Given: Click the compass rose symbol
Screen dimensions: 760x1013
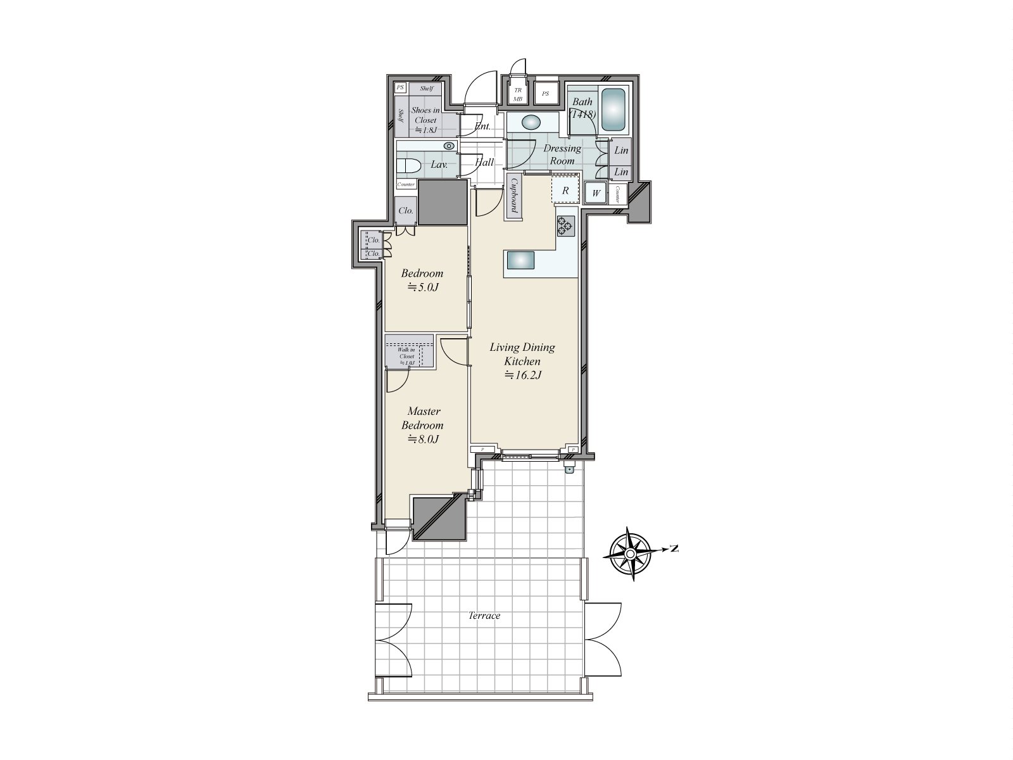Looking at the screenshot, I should [x=631, y=554].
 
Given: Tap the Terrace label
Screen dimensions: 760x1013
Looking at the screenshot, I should [x=484, y=616].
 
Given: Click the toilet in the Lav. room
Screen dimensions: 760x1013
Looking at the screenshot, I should [x=409, y=166].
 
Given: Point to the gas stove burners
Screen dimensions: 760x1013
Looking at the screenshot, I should [x=565, y=225].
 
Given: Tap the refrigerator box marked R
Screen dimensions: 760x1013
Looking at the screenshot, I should [x=565, y=190].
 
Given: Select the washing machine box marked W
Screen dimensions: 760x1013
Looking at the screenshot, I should [x=596, y=193].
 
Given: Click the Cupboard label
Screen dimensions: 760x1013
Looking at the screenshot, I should [x=514, y=196].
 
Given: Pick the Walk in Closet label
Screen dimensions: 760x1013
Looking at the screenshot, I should [x=406, y=356].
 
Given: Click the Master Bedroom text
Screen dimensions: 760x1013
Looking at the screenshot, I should [x=424, y=418].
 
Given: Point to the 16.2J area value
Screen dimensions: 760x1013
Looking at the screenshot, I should [x=522, y=375].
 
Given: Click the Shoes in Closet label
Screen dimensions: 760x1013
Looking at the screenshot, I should [x=425, y=120].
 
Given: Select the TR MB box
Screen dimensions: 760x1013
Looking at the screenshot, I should [x=518, y=94].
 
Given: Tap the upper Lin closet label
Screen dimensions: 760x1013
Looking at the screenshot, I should [x=621, y=151].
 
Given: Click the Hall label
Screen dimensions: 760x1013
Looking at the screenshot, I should [x=484, y=163].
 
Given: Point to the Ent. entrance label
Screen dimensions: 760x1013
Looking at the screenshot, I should [x=482, y=126].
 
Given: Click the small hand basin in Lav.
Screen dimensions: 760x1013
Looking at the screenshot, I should [x=449, y=146].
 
